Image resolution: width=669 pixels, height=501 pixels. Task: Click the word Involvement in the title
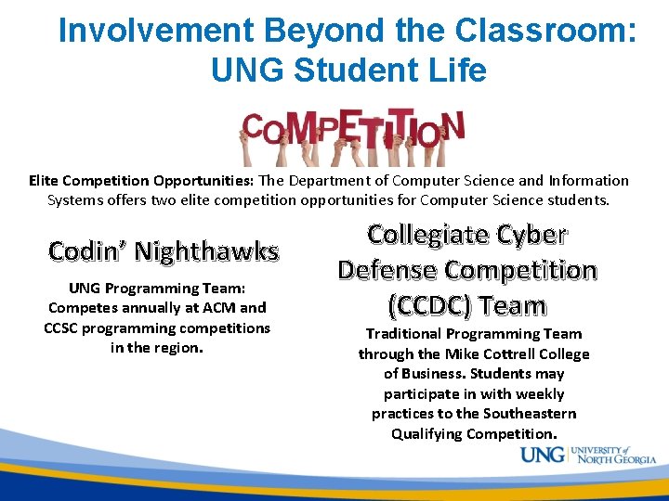click(x=155, y=31)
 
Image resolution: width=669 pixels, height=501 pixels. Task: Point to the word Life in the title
click(x=455, y=70)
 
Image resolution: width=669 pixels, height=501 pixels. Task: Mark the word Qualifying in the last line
click(x=426, y=434)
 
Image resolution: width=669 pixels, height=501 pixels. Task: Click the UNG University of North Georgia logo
click(x=587, y=456)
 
